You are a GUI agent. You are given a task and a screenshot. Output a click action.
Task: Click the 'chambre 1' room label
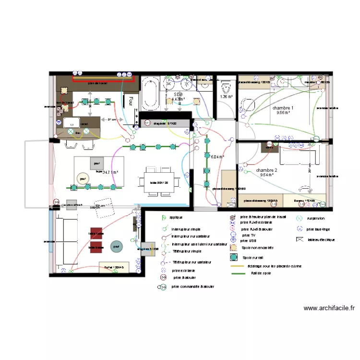283,108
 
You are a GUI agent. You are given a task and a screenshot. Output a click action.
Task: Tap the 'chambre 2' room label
266,170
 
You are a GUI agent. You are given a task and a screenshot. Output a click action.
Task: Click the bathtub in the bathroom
150,94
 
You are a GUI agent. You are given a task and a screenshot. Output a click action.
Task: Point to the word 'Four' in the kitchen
129,101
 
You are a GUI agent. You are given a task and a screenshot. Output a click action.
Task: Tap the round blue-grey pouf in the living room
117,247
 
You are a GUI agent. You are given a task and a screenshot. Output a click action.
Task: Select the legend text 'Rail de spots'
261,273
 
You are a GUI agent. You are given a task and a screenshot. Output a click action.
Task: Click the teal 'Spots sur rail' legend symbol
234,257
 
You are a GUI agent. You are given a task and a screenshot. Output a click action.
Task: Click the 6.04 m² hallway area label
218,156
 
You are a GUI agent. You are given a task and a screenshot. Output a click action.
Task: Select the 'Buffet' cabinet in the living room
114,267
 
